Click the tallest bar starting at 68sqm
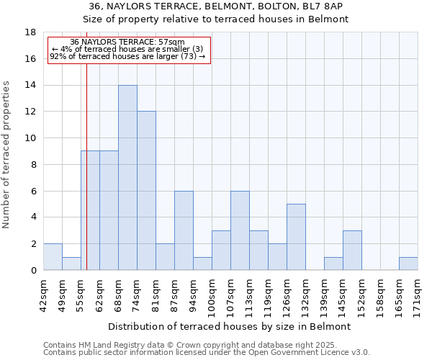point(127,178)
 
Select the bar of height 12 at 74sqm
point(146,191)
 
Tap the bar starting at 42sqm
point(53,257)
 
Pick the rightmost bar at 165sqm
point(408,264)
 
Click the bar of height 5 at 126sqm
point(296,237)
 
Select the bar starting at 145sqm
point(352,251)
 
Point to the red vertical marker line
point(86,166)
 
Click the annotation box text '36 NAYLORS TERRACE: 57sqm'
point(127,42)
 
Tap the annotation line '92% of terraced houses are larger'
point(127,56)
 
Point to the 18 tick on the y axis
point(31,32)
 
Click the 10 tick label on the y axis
point(31,138)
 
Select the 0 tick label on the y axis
point(33,271)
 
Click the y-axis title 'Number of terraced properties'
point(7,155)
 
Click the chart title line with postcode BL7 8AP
point(215,6)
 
